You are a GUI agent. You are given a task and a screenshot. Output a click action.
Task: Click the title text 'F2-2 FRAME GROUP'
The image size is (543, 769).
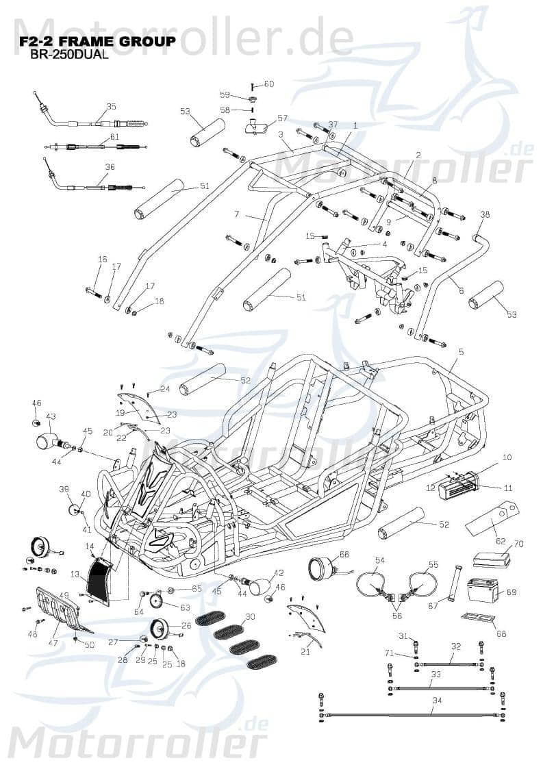point(98,42)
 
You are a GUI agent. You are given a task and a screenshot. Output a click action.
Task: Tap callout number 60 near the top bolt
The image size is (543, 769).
point(268,84)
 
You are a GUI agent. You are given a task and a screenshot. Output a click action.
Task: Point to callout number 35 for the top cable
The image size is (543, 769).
point(111,107)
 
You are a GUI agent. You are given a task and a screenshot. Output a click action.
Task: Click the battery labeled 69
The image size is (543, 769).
point(483,588)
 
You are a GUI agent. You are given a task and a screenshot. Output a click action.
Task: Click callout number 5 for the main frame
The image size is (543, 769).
point(461,352)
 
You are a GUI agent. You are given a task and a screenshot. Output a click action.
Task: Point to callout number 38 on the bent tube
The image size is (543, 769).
point(485,214)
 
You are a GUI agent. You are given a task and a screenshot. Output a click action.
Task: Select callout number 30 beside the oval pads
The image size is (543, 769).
point(250,617)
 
